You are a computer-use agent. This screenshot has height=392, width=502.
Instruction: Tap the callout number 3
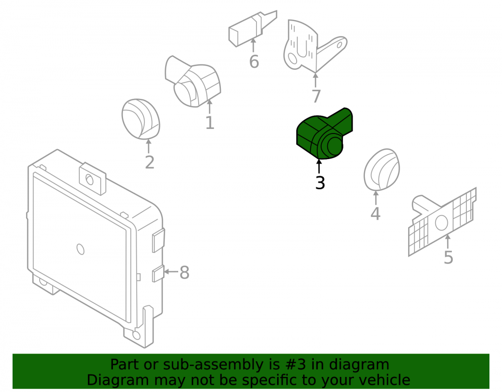click(x=320, y=183)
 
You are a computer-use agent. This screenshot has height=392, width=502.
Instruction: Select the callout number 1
click(x=210, y=123)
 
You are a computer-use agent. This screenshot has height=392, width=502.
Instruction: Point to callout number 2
click(x=150, y=163)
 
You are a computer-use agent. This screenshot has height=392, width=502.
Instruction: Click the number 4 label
click(x=375, y=214)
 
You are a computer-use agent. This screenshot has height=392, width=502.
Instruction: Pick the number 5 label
click(x=448, y=257)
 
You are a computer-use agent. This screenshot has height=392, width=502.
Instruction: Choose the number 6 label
click(x=254, y=62)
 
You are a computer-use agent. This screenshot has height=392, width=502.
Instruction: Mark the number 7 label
click(x=316, y=96)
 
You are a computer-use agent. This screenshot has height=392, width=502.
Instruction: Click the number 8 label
click(x=184, y=273)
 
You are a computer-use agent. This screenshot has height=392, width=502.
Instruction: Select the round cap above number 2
click(x=141, y=119)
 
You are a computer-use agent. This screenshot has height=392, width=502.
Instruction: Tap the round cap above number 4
click(x=382, y=170)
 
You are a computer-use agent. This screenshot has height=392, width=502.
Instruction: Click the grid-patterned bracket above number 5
click(x=442, y=222)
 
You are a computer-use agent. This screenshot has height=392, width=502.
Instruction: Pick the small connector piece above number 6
click(x=253, y=28)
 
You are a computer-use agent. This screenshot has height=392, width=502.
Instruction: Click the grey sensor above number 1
click(x=193, y=81)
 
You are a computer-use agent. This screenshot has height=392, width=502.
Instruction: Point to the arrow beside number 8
click(x=171, y=272)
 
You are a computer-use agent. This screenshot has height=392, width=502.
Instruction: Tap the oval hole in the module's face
click(x=80, y=249)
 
